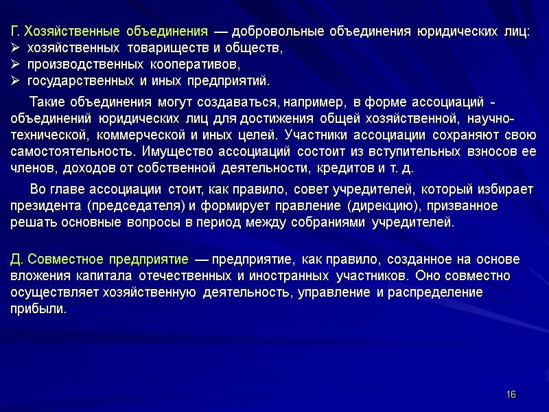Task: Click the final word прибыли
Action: [38, 309]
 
